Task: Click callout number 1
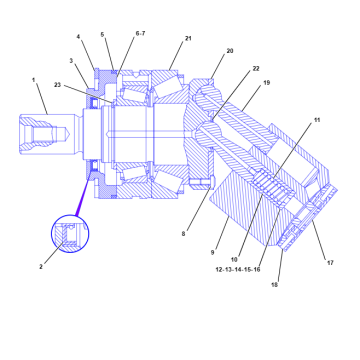click(x=33, y=80)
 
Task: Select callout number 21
click(x=187, y=39)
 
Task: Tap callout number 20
click(x=229, y=51)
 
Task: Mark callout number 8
click(x=184, y=233)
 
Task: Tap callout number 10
click(x=237, y=260)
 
